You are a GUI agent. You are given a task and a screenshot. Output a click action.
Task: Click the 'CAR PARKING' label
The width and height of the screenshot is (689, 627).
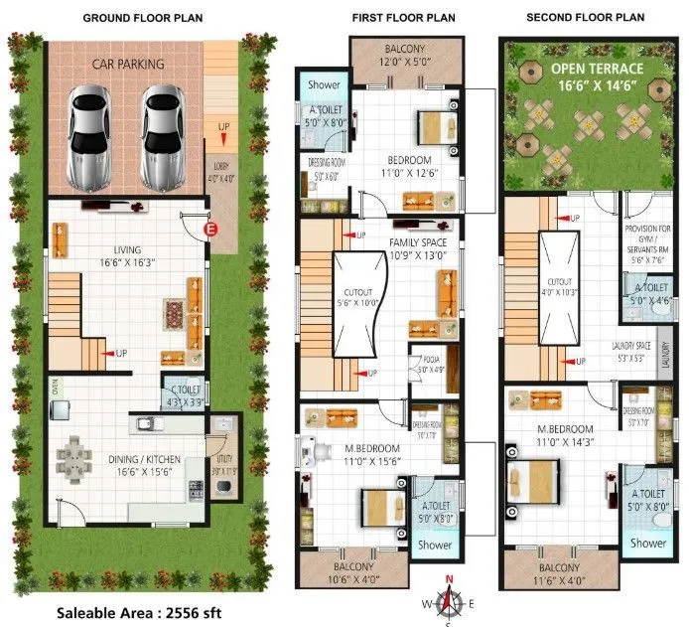click(129, 65)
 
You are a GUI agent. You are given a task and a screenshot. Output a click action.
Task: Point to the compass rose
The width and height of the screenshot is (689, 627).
click(449, 600)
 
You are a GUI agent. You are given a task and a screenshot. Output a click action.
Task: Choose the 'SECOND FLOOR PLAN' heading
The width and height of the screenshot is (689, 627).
click(585, 18)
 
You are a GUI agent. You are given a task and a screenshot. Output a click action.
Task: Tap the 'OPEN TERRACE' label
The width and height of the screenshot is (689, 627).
click(597, 69)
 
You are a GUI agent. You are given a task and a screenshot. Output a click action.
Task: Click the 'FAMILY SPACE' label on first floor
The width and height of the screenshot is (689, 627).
click(417, 242)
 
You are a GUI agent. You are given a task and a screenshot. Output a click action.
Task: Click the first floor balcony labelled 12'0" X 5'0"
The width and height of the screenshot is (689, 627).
click(407, 54)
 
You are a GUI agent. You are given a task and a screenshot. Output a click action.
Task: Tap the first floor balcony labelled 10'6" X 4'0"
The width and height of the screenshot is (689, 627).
click(353, 571)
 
